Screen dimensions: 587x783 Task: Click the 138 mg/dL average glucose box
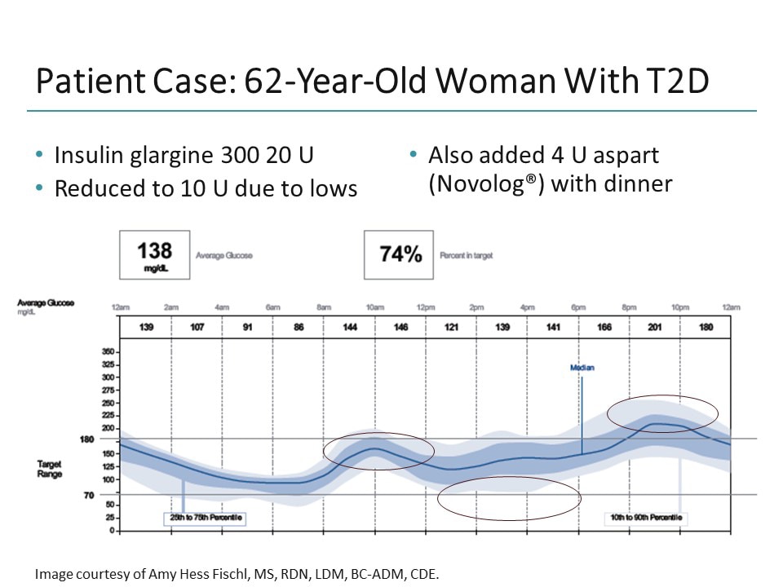tap(154, 254)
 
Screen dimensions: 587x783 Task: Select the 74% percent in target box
tap(400, 254)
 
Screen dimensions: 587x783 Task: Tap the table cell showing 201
tap(655, 327)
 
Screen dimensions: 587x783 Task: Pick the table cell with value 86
tap(299, 327)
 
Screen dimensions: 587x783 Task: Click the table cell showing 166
tap(604, 327)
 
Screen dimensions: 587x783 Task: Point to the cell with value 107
tap(197, 327)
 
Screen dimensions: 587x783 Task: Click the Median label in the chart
tap(582, 368)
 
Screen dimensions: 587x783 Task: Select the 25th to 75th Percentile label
tap(204, 518)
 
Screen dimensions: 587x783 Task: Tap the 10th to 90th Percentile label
tap(646, 518)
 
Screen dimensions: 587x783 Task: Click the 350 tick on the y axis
tap(107, 351)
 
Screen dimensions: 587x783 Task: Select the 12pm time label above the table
tap(425, 307)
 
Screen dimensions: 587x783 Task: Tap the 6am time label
tap(272, 307)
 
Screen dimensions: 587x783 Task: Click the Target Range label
tap(50, 469)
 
